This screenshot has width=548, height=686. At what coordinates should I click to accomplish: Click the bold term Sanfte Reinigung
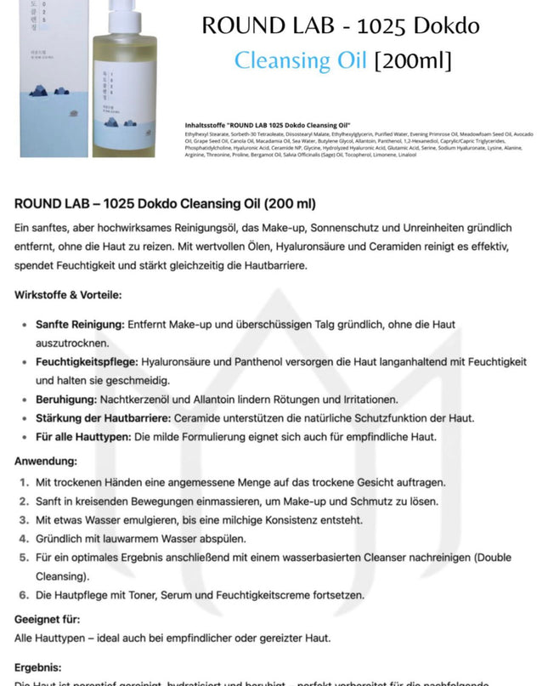click(x=80, y=325)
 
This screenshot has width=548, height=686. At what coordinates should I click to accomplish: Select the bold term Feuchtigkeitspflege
click(x=87, y=362)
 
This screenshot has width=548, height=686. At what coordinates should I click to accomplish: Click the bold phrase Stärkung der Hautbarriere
click(x=103, y=418)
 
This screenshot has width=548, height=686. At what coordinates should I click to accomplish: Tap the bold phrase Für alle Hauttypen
click(x=85, y=437)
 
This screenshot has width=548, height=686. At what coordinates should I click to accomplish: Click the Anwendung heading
click(x=45, y=462)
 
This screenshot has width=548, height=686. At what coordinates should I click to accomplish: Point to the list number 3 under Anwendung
click(x=25, y=519)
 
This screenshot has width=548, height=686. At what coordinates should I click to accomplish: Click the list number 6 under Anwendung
click(x=25, y=594)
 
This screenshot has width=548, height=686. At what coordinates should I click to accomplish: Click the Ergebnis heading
click(x=38, y=668)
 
